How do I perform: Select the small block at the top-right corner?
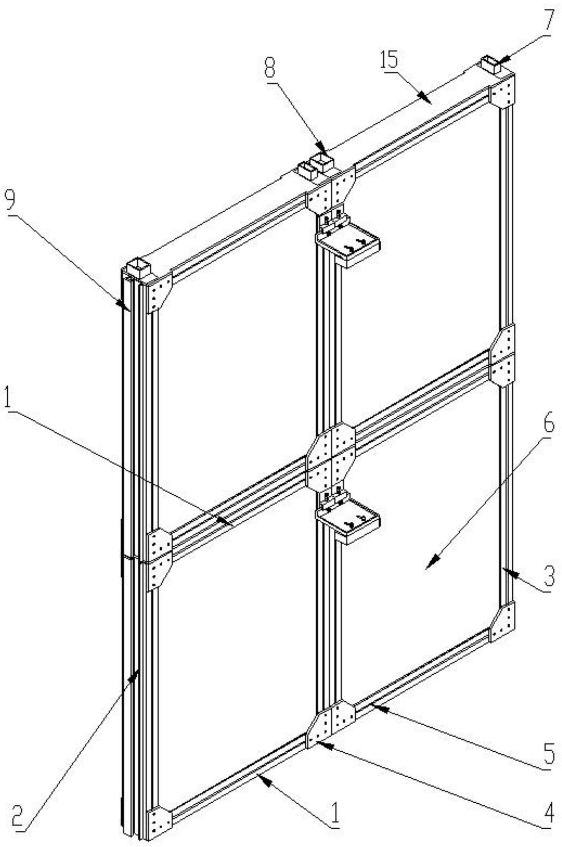coord(494,64)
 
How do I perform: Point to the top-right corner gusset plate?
coord(502,92)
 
